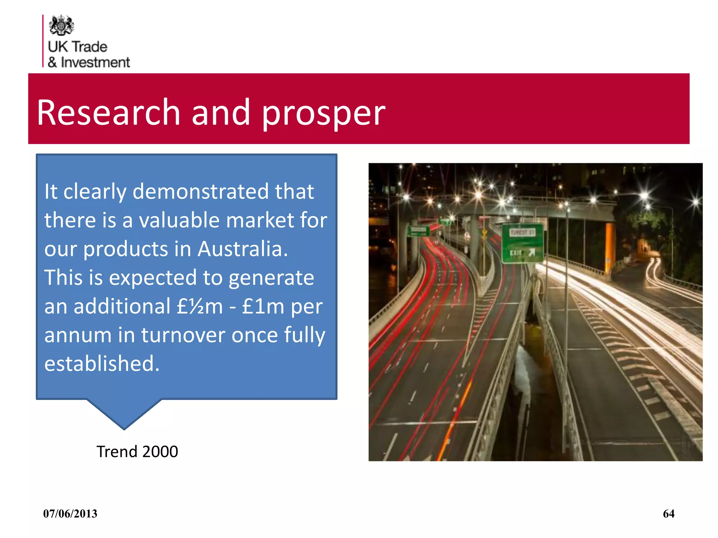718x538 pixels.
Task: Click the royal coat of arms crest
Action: (61, 25)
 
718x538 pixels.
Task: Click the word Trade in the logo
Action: (90, 47)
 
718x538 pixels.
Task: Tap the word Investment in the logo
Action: (95, 62)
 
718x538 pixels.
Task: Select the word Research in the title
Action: (108, 112)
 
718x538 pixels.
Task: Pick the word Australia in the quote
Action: (243, 249)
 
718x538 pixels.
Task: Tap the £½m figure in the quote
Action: (199, 306)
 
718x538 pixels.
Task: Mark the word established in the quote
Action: (102, 363)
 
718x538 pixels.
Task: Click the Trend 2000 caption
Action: (137, 451)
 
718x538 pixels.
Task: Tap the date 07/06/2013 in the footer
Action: (70, 514)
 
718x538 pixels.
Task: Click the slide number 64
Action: (669, 514)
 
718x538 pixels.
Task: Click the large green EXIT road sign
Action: (522, 243)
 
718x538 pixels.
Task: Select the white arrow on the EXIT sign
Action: (532, 253)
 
